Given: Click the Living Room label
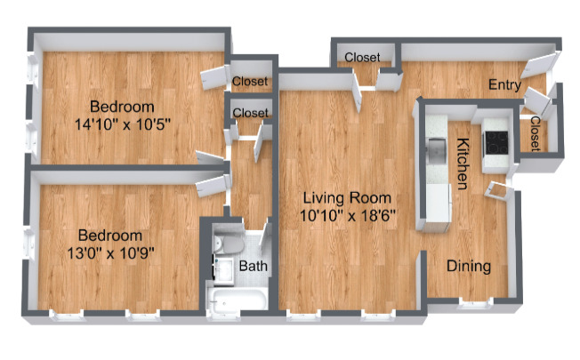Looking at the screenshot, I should [345, 197].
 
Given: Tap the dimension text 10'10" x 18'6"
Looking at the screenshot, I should [346, 214].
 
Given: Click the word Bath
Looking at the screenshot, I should [253, 266].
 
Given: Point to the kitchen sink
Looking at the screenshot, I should [437, 152].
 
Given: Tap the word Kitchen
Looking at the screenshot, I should [463, 164].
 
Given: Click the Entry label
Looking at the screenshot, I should [503, 84].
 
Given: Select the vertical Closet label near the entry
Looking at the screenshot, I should [536, 134].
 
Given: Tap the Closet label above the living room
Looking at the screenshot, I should [362, 58].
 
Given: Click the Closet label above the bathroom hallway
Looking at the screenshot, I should [250, 113].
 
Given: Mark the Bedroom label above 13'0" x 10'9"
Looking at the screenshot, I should [109, 236].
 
